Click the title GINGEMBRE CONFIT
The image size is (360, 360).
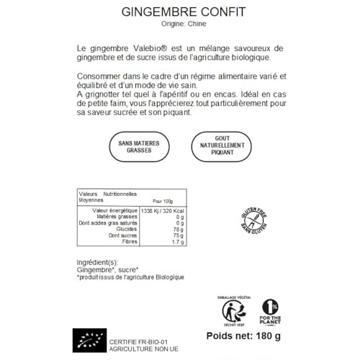[179, 12]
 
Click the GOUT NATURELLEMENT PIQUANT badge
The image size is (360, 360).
[222, 147]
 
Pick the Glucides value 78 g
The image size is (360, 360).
[179, 229]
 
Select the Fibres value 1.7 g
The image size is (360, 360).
[178, 242]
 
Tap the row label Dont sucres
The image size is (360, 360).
[124, 235]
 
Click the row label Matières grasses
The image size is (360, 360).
[117, 217]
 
